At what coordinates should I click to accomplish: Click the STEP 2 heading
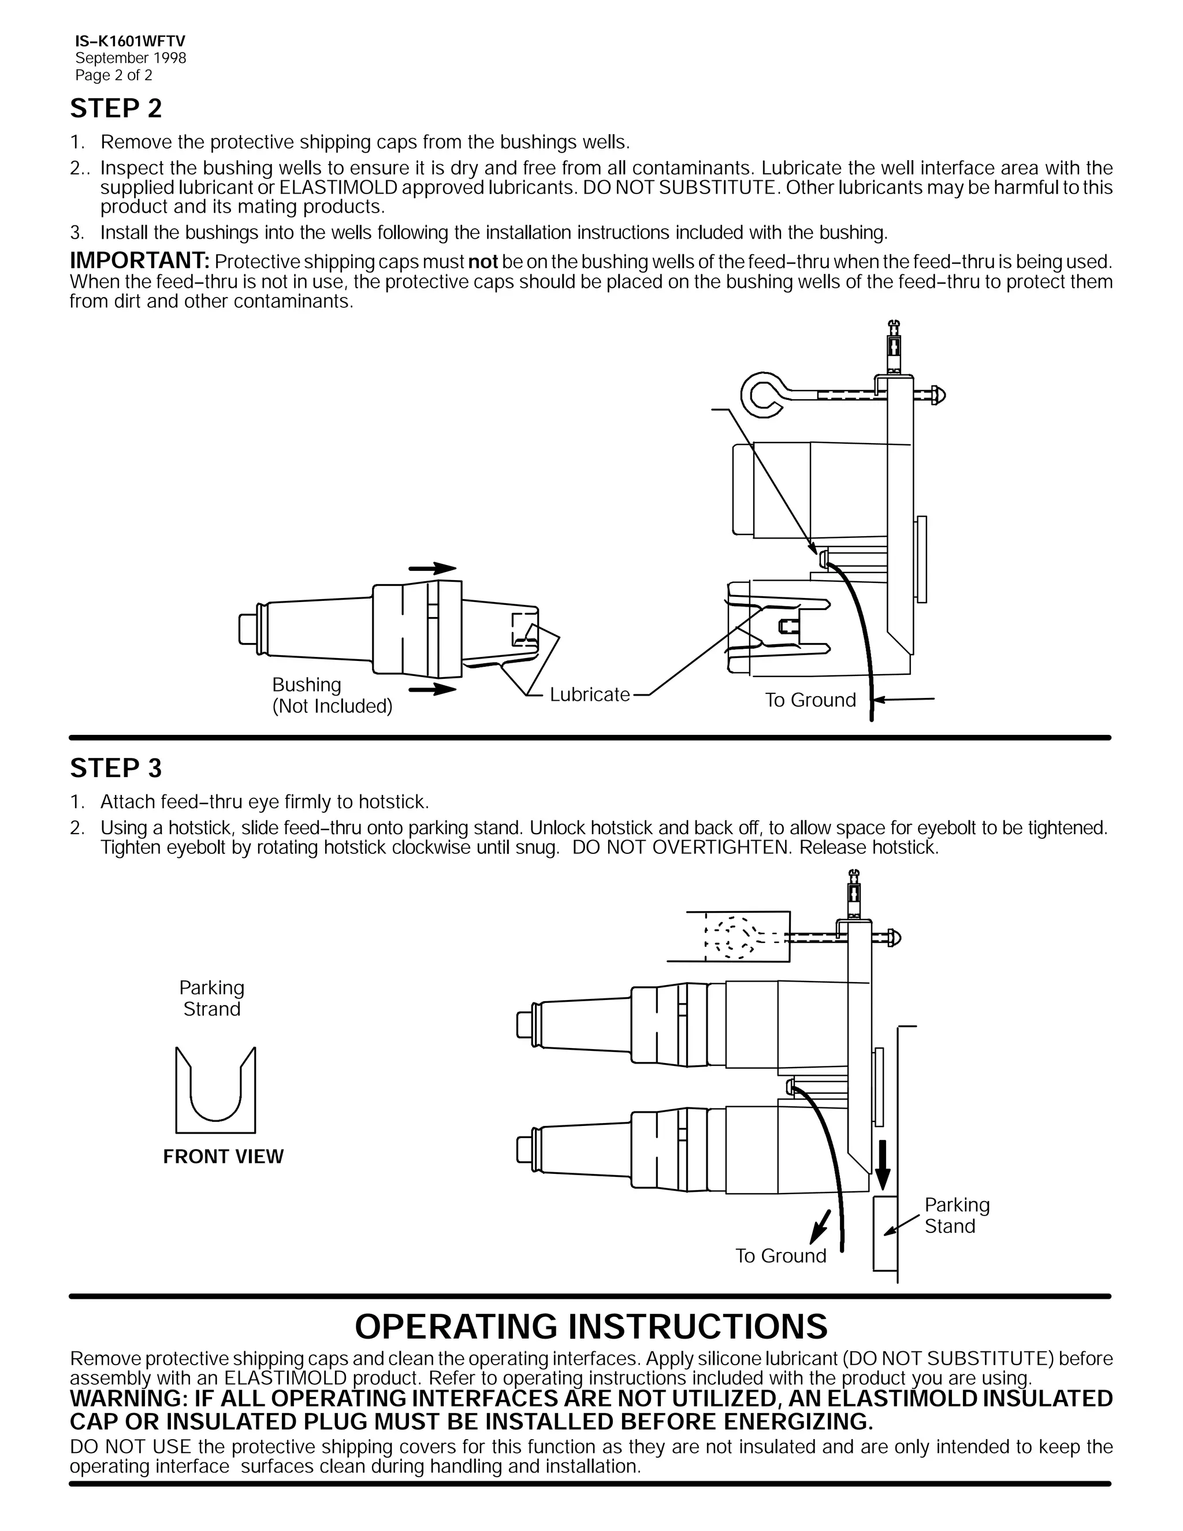pyautogui.click(x=116, y=109)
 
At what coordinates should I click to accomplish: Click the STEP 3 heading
pyautogui.click(x=116, y=768)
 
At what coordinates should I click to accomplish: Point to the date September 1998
pyautogui.click(x=131, y=58)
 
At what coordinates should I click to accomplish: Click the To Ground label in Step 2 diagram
pyautogui.click(x=810, y=700)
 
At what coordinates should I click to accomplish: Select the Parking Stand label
pyautogui.click(x=957, y=1215)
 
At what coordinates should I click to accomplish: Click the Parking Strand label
pyautogui.click(x=211, y=998)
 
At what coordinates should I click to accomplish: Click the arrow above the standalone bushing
pyautogui.click(x=433, y=568)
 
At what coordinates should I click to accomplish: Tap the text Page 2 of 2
pyautogui.click(x=114, y=75)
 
